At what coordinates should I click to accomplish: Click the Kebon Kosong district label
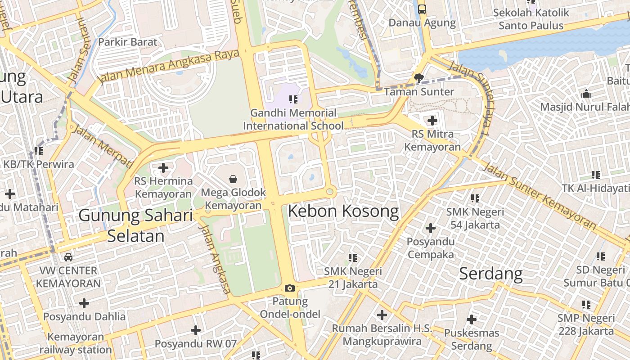343,211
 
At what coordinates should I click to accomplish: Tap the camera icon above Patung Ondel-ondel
290,288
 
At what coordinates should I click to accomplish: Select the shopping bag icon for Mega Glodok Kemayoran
233,180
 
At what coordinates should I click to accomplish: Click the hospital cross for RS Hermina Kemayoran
163,168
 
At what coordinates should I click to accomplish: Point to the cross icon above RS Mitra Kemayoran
432,121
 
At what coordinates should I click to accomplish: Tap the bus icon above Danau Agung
422,9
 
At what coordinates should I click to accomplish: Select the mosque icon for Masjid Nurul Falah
586,94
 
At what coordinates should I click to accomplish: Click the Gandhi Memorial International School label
293,119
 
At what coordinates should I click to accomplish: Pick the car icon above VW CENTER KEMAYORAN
68,257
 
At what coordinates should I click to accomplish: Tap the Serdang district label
490,273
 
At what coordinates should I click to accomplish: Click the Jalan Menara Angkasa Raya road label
169,66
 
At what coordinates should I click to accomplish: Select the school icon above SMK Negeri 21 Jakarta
353,258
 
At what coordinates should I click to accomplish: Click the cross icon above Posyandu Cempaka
430,228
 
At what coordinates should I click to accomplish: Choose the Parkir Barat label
128,42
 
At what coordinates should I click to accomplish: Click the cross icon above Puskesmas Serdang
471,319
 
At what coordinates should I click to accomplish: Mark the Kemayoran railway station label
76,343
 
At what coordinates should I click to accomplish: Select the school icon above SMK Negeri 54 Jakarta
475,198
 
